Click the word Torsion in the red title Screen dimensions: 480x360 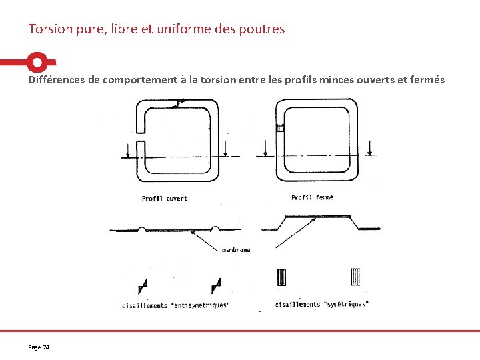pyautogui.click(x=50, y=29)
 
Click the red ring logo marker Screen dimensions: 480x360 pyautogui.click(x=37, y=62)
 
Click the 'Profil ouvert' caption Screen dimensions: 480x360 pyautogui.click(x=165, y=199)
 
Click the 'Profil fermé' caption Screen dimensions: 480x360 pyautogui.click(x=312, y=197)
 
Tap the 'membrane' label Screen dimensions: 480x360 pyautogui.click(x=236, y=250)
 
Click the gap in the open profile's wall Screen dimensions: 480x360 pyautogui.click(x=141, y=137)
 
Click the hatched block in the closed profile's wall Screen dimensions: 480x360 pyautogui.click(x=281, y=128)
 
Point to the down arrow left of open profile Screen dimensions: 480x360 pyautogui.click(x=128, y=151)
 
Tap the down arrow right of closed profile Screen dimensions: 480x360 pyautogui.click(x=370, y=148)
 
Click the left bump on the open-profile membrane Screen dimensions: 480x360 pyautogui.click(x=142, y=229)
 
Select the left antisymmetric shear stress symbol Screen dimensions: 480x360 pyautogui.click(x=143, y=286)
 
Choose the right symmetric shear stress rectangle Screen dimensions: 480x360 pyautogui.click(x=355, y=277)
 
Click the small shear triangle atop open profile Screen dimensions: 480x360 pyautogui.click(x=179, y=103)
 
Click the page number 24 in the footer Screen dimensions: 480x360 pyautogui.click(x=46, y=347)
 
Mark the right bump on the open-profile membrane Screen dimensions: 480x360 pyautogui.click(x=215, y=229)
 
